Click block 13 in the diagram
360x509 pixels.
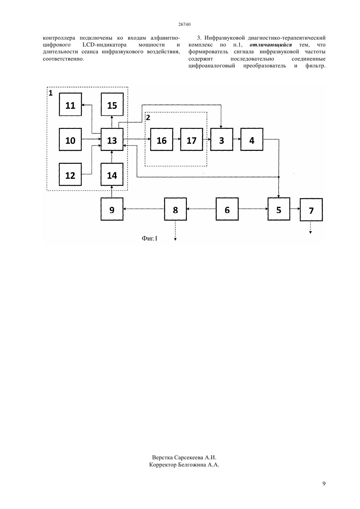112,139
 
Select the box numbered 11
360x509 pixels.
70,104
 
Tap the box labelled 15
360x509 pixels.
112,104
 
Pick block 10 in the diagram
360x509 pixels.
70,139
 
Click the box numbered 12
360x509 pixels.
70,174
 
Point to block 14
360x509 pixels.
112,174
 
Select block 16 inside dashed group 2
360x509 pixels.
162,139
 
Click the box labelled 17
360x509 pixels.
191,139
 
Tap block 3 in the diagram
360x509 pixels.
222,139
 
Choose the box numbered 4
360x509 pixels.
252,139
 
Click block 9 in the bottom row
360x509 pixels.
112,209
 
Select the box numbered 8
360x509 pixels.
175,209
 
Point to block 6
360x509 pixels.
227,209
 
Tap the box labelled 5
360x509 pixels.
279,209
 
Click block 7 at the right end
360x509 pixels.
311,209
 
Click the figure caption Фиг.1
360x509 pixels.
150,238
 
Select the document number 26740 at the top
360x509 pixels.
184,24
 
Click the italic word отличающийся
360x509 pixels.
270,45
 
